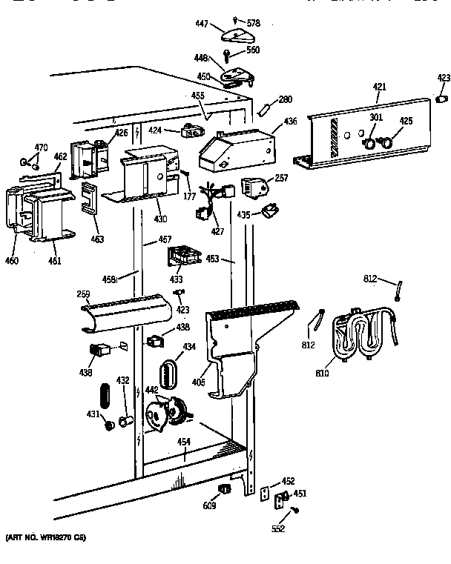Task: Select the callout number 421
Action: click(379, 87)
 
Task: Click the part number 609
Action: click(211, 506)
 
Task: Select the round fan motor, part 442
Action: click(167, 412)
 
